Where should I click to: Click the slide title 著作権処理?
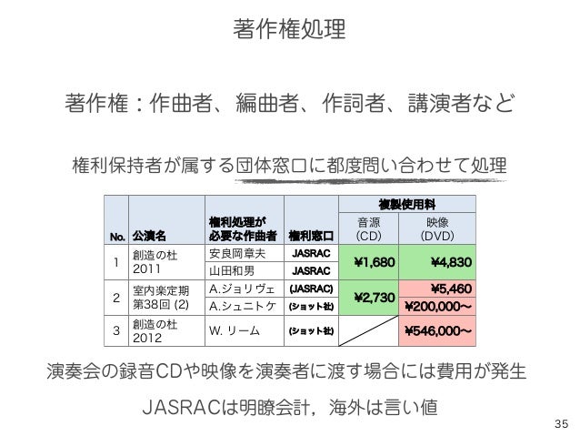(x=289, y=30)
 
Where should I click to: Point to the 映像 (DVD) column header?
(x=443, y=228)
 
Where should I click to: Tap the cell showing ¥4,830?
(x=443, y=263)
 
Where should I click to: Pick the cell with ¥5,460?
(x=445, y=288)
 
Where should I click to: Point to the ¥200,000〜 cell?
(x=443, y=305)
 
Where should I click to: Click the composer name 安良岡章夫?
(x=238, y=254)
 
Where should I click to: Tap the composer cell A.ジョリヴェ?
(x=240, y=289)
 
